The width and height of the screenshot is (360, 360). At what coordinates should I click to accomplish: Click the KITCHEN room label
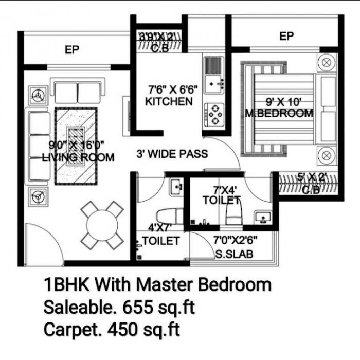(x=169, y=101)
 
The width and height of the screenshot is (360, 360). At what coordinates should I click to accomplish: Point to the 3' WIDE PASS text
(x=172, y=153)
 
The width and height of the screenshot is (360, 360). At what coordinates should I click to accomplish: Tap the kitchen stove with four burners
(x=213, y=115)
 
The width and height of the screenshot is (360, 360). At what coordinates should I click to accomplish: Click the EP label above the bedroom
(x=286, y=36)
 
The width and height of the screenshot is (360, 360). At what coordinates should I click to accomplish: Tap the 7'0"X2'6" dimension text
(x=235, y=240)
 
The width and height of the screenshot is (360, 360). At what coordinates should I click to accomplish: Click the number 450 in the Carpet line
(x=124, y=330)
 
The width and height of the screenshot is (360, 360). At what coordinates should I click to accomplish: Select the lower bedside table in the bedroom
(x=326, y=154)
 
